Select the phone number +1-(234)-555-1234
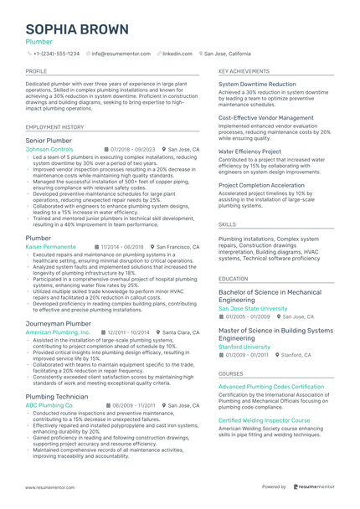pyautogui.click(x=56, y=54)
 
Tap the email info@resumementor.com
pyautogui.click(x=121, y=54)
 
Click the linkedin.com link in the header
pyautogui.click(x=177, y=54)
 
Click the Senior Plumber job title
pyautogui.click(x=49, y=140)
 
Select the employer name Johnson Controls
pyautogui.click(x=49, y=149)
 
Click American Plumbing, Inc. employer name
pyautogui.click(x=58, y=332)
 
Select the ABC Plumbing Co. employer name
pyautogui.click(x=49, y=405)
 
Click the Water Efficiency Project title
pyautogui.click(x=249, y=152)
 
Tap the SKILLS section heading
pyautogui.click(x=227, y=225)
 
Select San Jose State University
pyautogui.click(x=258, y=308)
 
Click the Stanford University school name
pyautogui.click(x=244, y=346)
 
